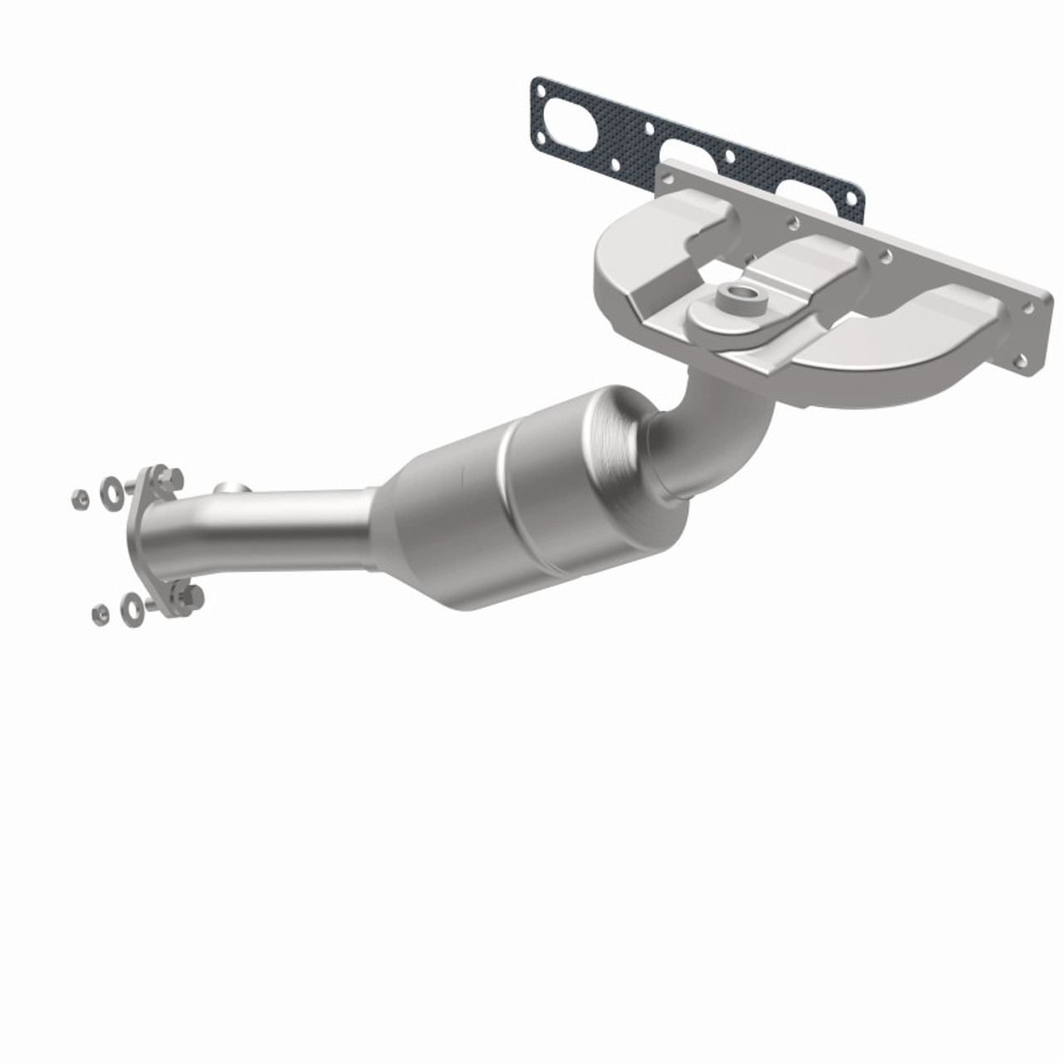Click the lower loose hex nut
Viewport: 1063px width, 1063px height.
[x=100, y=614]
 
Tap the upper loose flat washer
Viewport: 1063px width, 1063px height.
[x=110, y=492]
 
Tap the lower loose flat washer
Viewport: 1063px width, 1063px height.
[x=131, y=608]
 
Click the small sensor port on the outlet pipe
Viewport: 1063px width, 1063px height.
[x=233, y=488]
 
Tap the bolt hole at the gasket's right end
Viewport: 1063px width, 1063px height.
[x=852, y=198]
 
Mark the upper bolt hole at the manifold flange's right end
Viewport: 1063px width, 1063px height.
[x=1030, y=307]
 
